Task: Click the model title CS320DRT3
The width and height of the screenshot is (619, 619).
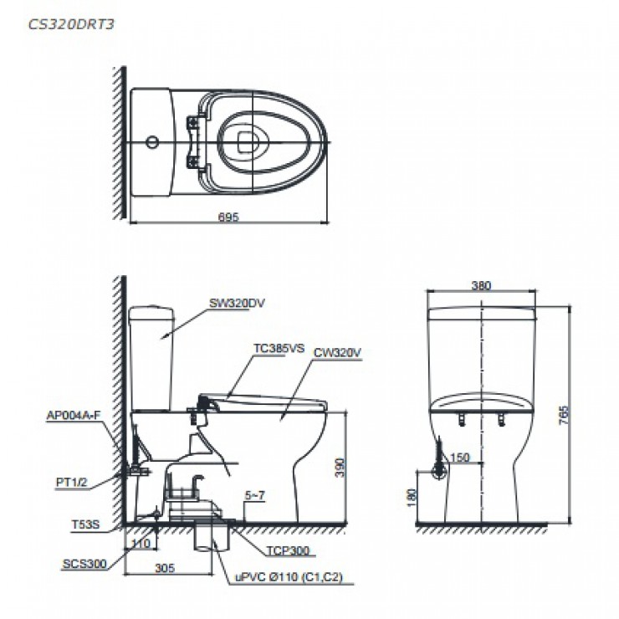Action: (x=70, y=23)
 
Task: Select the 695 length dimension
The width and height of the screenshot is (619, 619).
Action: (x=229, y=217)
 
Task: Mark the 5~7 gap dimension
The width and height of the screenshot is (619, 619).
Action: (x=254, y=496)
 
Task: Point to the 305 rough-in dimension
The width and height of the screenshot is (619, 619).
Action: (x=165, y=567)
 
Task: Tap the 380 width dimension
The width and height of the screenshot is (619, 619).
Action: (x=481, y=285)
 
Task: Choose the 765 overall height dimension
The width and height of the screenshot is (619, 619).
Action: (x=563, y=414)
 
